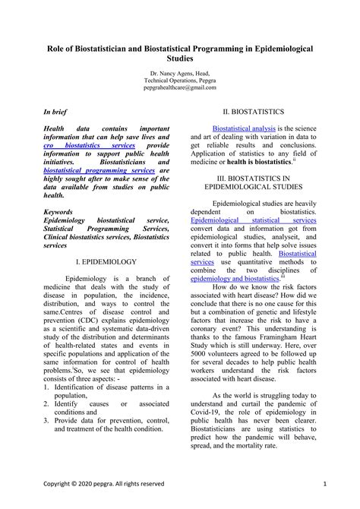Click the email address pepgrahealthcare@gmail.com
pyautogui.click(x=180, y=87)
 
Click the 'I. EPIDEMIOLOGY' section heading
pyautogui.click(x=106, y=261)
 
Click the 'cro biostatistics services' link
pyautogui.click(x=79, y=144)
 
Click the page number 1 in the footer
pyautogui.click(x=324, y=483)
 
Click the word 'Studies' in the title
pyautogui.click(x=180, y=57)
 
